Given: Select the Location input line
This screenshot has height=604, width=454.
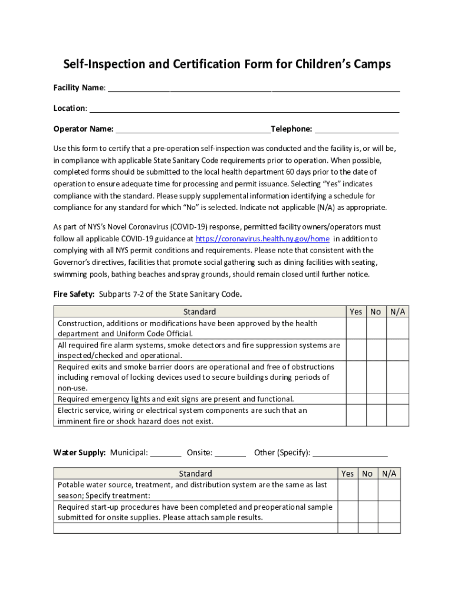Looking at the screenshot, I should click(244, 109).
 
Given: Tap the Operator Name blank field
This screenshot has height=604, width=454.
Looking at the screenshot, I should click(192, 130).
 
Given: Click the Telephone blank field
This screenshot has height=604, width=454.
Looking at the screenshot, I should click(357, 130).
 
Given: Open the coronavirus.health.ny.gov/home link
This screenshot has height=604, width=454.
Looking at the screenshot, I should click(262, 239).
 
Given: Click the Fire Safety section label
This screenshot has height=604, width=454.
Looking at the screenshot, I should click(74, 294).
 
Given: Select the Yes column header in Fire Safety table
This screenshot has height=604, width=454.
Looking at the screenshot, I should click(356, 311).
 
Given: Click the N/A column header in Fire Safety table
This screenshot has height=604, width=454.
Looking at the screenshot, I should click(397, 311).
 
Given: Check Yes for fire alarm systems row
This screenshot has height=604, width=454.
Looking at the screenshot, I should click(356, 350).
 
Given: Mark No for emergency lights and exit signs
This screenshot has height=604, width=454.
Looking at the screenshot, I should click(376, 399).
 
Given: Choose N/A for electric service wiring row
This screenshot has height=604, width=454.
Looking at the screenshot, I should click(397, 415).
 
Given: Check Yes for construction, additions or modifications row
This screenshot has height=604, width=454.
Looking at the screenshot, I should click(356, 328).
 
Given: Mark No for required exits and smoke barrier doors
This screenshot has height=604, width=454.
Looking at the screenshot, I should click(376, 377).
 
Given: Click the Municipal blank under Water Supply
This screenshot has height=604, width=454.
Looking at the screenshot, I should click(166, 454).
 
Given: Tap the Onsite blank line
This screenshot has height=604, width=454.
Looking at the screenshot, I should click(230, 454).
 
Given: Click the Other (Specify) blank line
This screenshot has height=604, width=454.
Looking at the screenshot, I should click(350, 454).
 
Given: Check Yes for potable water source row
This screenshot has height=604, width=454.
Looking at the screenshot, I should click(347, 490).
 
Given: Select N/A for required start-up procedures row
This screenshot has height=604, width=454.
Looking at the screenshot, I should click(389, 511).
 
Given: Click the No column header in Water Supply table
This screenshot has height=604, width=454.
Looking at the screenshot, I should click(367, 473).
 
